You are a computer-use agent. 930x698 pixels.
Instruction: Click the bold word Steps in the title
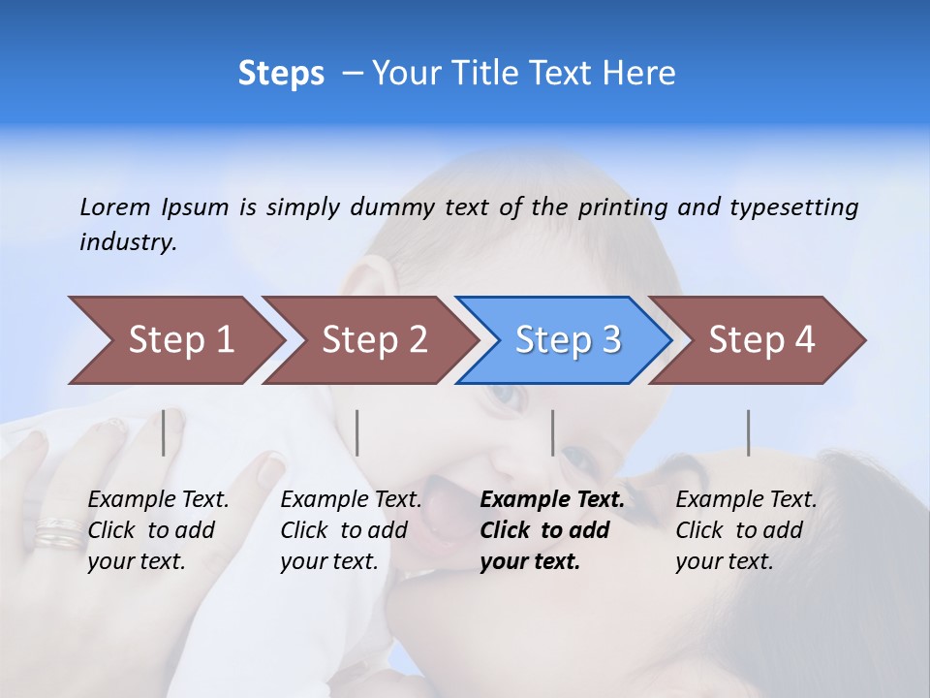point(281,74)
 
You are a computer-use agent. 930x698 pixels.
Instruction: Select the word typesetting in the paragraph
point(793,206)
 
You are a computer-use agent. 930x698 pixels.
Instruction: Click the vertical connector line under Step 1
point(164,432)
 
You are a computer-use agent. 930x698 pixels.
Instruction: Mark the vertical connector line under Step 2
point(357,432)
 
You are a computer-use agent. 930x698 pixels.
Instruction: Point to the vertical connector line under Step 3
point(552,432)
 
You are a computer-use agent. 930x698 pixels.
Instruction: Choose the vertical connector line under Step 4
point(748,432)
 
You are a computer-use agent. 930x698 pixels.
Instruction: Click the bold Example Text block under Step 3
point(552,530)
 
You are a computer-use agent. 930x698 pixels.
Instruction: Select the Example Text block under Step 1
point(158,530)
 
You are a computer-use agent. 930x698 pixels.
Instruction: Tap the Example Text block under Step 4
point(746,530)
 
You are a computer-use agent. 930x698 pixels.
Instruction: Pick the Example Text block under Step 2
point(351,530)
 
